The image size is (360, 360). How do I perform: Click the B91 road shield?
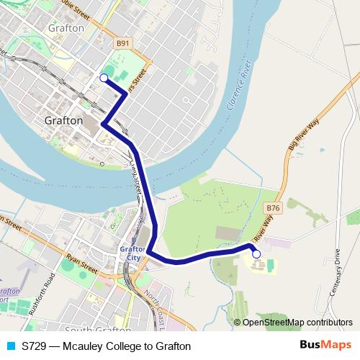pyautogui.click(x=123, y=43)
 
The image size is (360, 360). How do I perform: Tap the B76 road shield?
pyautogui.click(x=272, y=208)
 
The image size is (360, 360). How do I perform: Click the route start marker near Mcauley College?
pyautogui.click(x=256, y=254)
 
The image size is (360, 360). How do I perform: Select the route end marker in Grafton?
pyautogui.click(x=104, y=78)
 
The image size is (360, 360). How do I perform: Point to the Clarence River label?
pyautogui.click(x=238, y=91)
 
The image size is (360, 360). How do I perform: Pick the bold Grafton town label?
pyautogui.click(x=63, y=121)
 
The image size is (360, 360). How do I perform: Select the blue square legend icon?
pyautogui.click(x=11, y=346)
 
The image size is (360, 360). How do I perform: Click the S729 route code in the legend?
pyautogui.click(x=35, y=346)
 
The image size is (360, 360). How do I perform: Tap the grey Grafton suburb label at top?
pyautogui.click(x=66, y=27)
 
